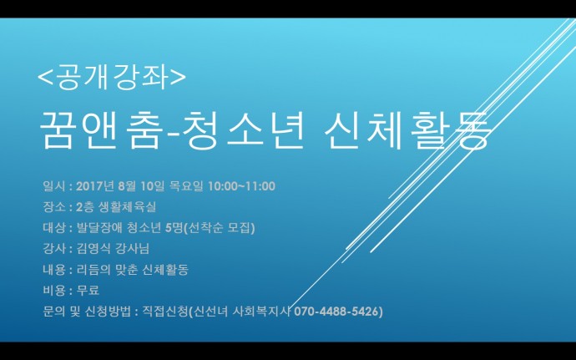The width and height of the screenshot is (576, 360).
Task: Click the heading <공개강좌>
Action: click(x=112, y=77)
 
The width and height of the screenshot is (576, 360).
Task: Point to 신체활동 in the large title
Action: click(x=407, y=129)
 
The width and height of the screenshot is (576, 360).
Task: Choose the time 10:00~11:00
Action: click(x=241, y=186)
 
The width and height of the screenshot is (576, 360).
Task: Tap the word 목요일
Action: click(x=186, y=186)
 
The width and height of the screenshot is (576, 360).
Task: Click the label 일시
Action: click(x=54, y=186)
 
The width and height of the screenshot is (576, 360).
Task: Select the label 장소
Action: click(x=54, y=207)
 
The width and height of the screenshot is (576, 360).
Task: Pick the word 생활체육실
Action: click(x=127, y=207)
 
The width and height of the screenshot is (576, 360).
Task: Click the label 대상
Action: click(x=54, y=228)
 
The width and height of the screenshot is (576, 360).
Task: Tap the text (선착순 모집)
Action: click(x=219, y=228)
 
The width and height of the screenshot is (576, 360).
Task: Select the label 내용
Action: click(x=54, y=270)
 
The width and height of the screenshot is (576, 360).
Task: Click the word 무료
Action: click(x=88, y=291)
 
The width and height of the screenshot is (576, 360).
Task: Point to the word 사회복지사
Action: click(x=261, y=312)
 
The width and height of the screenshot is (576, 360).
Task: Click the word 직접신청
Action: click(x=165, y=312)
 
